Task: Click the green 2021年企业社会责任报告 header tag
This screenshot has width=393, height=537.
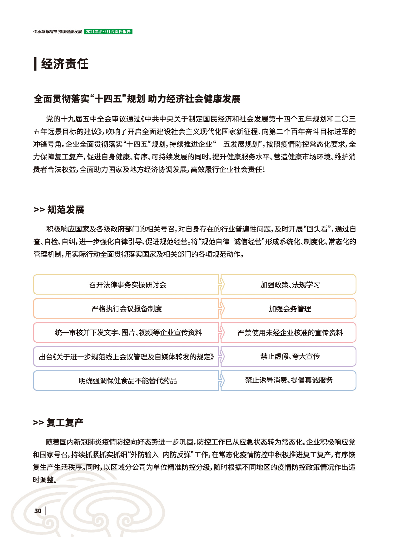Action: point(108,32)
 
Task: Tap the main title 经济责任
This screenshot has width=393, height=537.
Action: point(65,64)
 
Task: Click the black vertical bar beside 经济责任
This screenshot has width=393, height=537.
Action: point(35,64)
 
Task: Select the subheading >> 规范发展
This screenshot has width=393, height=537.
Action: point(59,210)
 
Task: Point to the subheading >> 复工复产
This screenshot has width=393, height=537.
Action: point(58,422)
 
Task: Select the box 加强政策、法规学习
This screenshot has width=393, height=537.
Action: point(290,285)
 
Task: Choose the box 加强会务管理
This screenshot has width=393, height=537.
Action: point(290,309)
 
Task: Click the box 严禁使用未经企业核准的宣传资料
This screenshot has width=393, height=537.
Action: point(290,333)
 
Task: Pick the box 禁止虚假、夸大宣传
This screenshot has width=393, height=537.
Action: point(290,356)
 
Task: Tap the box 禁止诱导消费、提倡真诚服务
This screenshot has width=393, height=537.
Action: point(290,380)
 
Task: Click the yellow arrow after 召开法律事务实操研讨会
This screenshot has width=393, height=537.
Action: point(221,285)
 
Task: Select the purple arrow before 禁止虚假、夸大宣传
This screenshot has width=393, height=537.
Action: point(221,356)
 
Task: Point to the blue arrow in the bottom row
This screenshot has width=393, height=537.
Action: point(221,380)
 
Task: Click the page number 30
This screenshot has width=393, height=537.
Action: point(38,511)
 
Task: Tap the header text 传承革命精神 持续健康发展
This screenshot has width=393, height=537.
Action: point(57,32)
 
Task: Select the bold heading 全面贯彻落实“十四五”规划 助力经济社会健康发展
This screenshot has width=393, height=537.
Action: point(137,99)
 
